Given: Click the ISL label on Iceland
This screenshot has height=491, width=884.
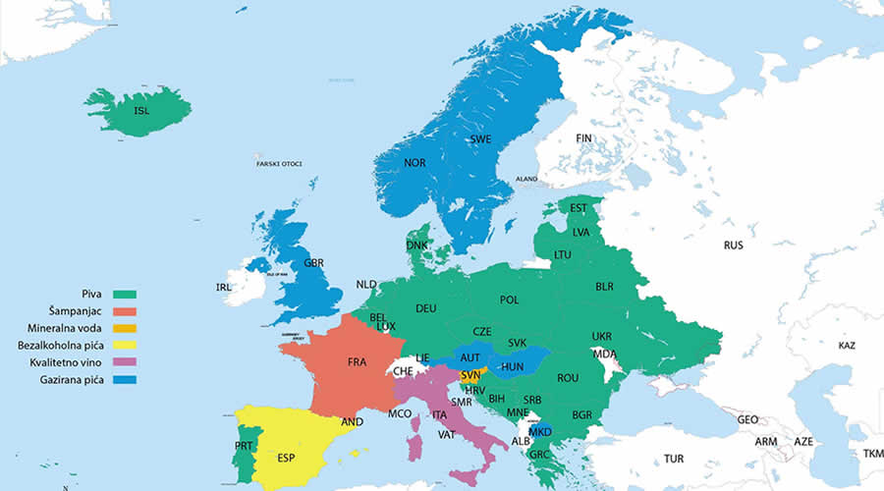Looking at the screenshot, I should point(142,111).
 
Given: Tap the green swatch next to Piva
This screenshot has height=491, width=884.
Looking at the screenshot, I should point(125,294).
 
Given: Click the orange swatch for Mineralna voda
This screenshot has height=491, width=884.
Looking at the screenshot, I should point(125,328).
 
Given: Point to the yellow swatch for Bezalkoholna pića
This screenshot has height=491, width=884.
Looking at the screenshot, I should point(125,346).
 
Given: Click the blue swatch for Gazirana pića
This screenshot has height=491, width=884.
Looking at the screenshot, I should point(125,379).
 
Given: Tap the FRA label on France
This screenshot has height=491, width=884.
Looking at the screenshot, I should point(357,362).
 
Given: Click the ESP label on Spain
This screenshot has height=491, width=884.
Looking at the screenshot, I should point(286,459).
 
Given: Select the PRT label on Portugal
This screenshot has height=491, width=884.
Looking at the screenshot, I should point(245,446).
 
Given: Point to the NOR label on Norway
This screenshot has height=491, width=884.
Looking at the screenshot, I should point(414,163).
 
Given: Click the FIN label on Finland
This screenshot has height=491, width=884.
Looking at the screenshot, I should point(584,138).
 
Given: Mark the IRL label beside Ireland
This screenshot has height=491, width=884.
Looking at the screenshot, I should point(225,287).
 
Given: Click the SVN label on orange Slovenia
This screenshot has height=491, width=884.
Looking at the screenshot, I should point(470,376).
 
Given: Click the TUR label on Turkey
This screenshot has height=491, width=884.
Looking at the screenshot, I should point(674,459).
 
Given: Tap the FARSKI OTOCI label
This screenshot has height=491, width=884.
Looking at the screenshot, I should point(279,163).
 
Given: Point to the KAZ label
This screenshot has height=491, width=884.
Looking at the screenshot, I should point(847,347).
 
